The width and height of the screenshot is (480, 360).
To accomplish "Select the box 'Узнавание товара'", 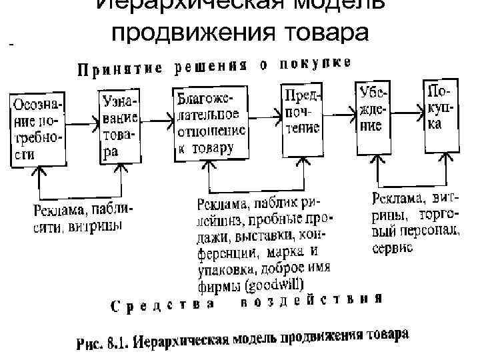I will coord(120,125).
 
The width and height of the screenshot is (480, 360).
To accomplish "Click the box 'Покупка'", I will coord(440,107).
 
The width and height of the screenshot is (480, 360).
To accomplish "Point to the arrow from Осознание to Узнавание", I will coord(82,122).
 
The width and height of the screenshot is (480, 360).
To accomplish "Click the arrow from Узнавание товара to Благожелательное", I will coord(156,120).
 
